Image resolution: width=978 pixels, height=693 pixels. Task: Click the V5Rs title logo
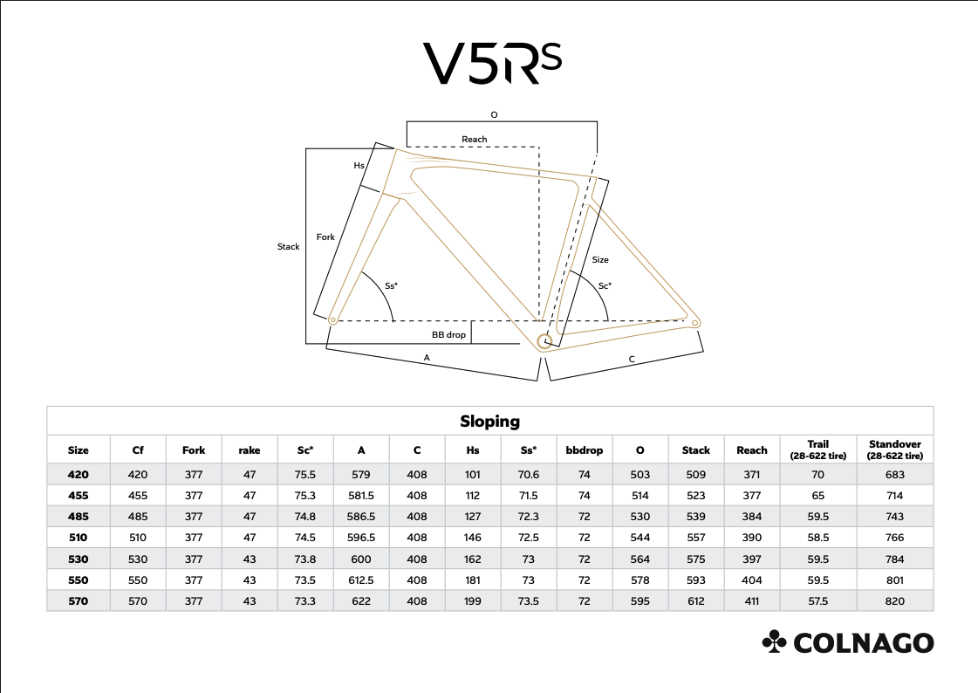click(x=492, y=63)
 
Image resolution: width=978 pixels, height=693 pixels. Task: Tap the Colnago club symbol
click(x=774, y=642)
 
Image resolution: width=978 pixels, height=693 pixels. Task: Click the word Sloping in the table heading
click(x=489, y=422)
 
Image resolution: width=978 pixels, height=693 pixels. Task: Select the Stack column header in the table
click(x=695, y=450)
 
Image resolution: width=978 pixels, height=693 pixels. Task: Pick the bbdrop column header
click(x=584, y=450)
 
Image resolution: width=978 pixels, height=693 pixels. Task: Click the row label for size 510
click(x=78, y=538)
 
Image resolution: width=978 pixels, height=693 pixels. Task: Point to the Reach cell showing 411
click(x=751, y=601)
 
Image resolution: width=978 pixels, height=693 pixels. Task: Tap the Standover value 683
click(x=894, y=475)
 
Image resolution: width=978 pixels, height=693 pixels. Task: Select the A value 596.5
click(x=361, y=538)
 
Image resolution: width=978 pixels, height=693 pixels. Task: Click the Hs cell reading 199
click(x=472, y=601)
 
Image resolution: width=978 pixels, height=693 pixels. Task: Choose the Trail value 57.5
click(x=817, y=601)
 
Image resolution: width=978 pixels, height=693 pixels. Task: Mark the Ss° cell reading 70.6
click(x=529, y=475)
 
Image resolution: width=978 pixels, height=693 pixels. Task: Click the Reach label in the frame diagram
click(x=474, y=139)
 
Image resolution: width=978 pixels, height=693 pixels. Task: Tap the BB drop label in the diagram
click(x=448, y=335)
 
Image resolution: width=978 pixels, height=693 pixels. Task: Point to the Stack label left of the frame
click(x=288, y=247)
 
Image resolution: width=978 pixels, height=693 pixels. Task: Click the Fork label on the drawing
click(x=325, y=237)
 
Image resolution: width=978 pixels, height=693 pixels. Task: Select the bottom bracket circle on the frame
click(x=544, y=340)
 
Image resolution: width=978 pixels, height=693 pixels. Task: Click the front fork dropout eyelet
click(x=333, y=320)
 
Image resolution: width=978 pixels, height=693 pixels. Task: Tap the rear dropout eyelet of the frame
click(x=695, y=322)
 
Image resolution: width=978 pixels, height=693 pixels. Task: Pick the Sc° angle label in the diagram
click(x=605, y=285)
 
